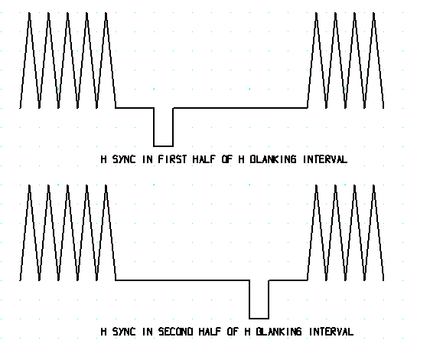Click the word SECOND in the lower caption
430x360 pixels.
pos(175,332)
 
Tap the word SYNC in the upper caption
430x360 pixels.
pos(124,159)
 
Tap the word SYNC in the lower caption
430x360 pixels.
pos(124,332)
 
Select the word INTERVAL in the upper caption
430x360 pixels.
pos(325,159)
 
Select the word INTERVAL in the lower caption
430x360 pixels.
pos(331,332)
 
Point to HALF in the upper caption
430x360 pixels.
pos(204,159)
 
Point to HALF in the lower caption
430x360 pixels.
pos(210,332)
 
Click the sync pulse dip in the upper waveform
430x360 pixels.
pos(164,127)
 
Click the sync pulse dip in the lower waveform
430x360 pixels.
pos(259,299)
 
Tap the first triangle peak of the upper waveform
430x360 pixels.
pos(29,13)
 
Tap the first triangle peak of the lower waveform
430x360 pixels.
pos(29,185)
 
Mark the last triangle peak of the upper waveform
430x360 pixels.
pos(373,13)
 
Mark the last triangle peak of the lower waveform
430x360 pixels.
pos(373,185)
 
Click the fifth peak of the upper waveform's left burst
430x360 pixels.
pos(106,13)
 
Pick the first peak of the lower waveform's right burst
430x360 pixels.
pos(316,185)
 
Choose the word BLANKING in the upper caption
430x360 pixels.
pos(273,159)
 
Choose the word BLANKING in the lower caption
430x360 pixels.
pos(279,332)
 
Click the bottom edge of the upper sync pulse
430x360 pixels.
pos(164,146)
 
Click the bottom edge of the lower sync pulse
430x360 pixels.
pos(259,319)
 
